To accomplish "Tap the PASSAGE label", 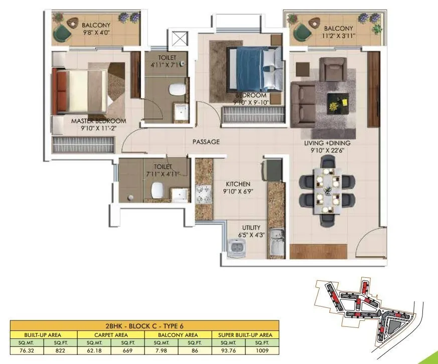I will click(x=206, y=142).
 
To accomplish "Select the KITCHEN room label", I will click(x=238, y=184).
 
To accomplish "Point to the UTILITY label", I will click(x=251, y=227).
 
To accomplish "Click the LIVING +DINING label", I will click(x=327, y=143).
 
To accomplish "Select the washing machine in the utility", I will click(x=236, y=248).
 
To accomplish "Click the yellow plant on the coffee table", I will click(x=333, y=106).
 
